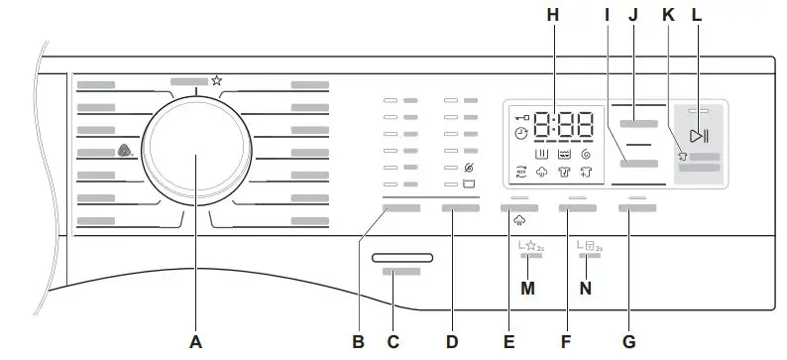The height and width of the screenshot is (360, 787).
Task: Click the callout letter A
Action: pyautogui.click(x=195, y=342)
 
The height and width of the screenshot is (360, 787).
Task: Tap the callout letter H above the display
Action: pyautogui.click(x=552, y=15)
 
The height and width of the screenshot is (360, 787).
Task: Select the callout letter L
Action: pyautogui.click(x=697, y=15)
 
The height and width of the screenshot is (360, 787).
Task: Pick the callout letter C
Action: pyautogui.click(x=393, y=342)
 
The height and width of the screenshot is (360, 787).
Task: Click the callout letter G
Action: pyautogui.click(x=628, y=342)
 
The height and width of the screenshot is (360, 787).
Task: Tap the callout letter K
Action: pyautogui.click(x=667, y=15)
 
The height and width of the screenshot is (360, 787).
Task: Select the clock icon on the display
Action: pyautogui.click(x=521, y=133)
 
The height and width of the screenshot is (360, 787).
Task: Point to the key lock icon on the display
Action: pyautogui.click(x=520, y=116)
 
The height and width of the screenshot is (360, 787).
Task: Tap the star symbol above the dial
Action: pyautogui.click(x=216, y=80)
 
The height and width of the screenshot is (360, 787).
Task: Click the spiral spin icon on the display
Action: pyautogui.click(x=586, y=154)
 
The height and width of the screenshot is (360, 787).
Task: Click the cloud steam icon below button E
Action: pyautogui.click(x=518, y=223)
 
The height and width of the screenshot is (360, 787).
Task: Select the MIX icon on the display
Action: pyautogui.click(x=522, y=172)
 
